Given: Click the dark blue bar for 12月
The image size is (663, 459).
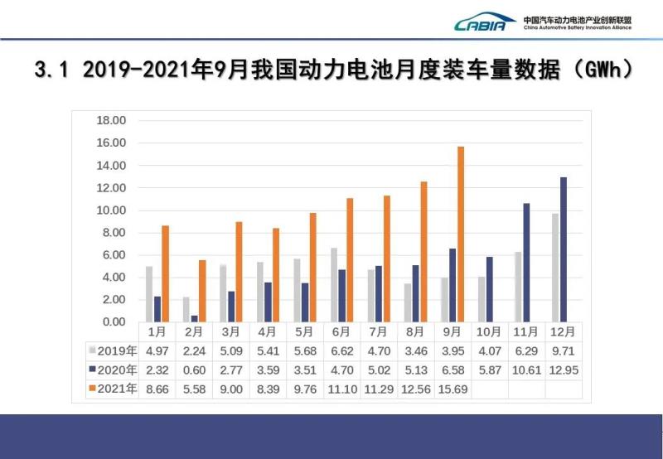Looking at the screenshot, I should click(x=564, y=249).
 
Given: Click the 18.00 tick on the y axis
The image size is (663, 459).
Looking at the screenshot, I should click(x=111, y=121).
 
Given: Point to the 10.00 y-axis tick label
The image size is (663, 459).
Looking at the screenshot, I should click(x=111, y=210).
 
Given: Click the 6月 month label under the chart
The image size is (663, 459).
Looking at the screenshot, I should click(x=341, y=332).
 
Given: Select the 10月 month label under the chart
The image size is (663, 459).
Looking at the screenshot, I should click(x=489, y=332).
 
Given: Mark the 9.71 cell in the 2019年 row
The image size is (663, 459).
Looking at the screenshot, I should click(x=564, y=350).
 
